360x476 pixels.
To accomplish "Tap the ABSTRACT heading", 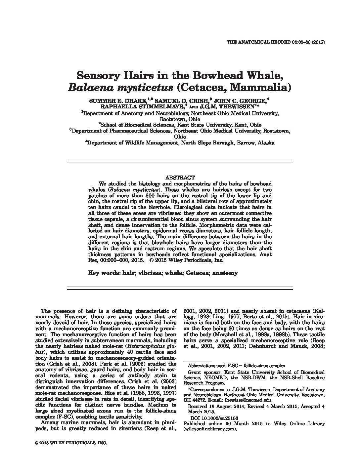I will click(x=180, y=178).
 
